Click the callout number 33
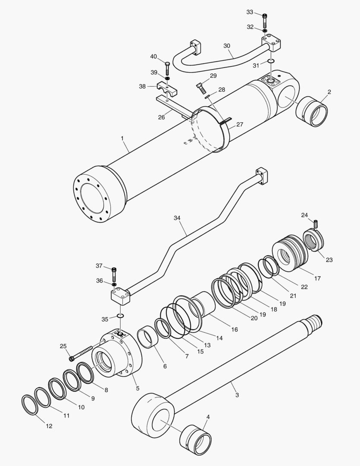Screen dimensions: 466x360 [250, 12]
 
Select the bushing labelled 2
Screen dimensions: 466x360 [312, 112]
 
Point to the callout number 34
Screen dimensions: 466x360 [177, 219]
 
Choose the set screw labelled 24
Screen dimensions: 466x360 [316, 224]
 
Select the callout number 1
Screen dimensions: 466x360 [122, 139]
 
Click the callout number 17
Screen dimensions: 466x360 [317, 278]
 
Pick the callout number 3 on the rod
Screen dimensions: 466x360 [236, 394]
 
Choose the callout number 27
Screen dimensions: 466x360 [239, 125]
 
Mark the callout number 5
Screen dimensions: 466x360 [137, 388]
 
